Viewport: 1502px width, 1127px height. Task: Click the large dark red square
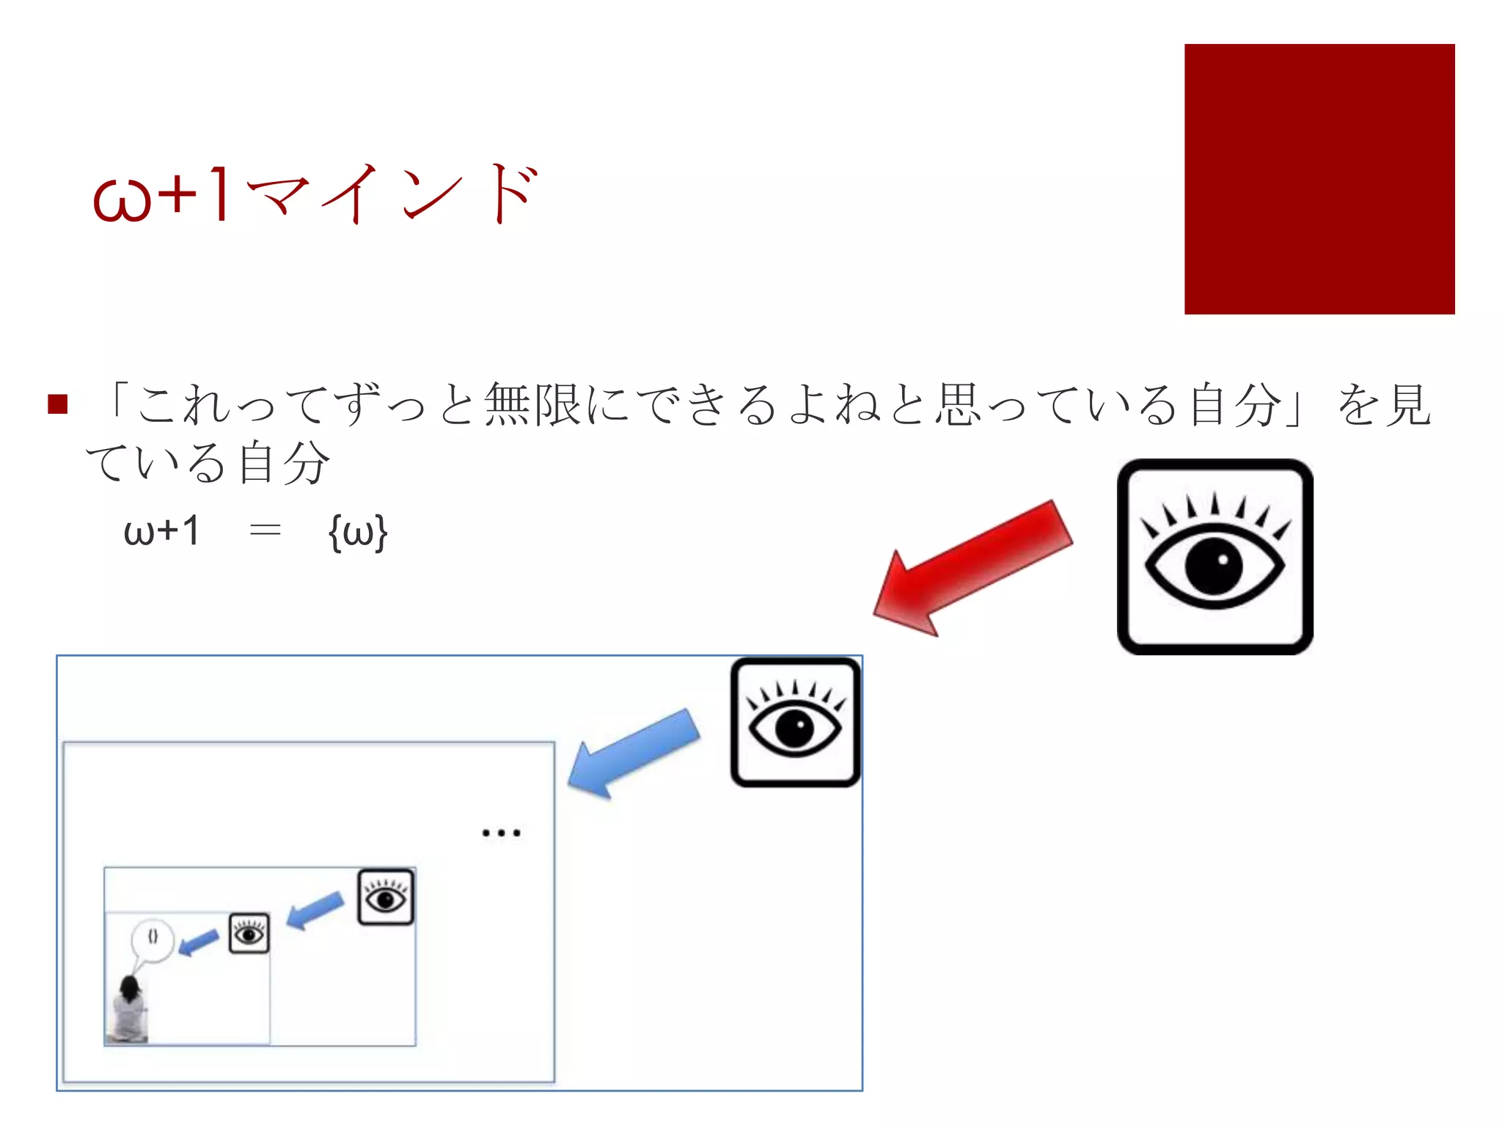pos(1319,179)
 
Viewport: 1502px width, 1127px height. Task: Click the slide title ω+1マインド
pos(315,194)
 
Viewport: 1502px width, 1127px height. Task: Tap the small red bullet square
pos(57,404)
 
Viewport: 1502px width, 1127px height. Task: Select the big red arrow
pos(972,566)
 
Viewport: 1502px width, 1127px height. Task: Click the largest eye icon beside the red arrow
pos(1215,557)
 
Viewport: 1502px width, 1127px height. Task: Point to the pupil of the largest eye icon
pos(1214,566)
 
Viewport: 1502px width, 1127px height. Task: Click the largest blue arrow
pos(634,753)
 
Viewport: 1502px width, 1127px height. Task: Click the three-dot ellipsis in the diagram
pos(501,833)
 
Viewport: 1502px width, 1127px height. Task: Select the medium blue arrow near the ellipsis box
pos(315,910)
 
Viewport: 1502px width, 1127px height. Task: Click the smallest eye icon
pos(249,933)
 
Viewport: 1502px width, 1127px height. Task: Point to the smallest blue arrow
pos(198,943)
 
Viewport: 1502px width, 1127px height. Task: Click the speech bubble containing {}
pos(153,938)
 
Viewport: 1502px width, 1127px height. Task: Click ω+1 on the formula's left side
pos(162,530)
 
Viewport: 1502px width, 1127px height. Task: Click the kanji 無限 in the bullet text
pos(533,404)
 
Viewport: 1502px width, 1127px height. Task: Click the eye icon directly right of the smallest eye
pos(386,897)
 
